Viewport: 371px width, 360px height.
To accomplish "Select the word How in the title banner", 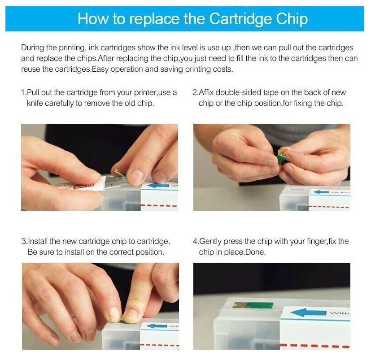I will coord(92,19).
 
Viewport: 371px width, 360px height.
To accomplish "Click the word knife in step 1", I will coord(35,103).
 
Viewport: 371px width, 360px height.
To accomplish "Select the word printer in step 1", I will coord(140,92).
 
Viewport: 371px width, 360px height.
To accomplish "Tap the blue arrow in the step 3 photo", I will coord(157,325).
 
